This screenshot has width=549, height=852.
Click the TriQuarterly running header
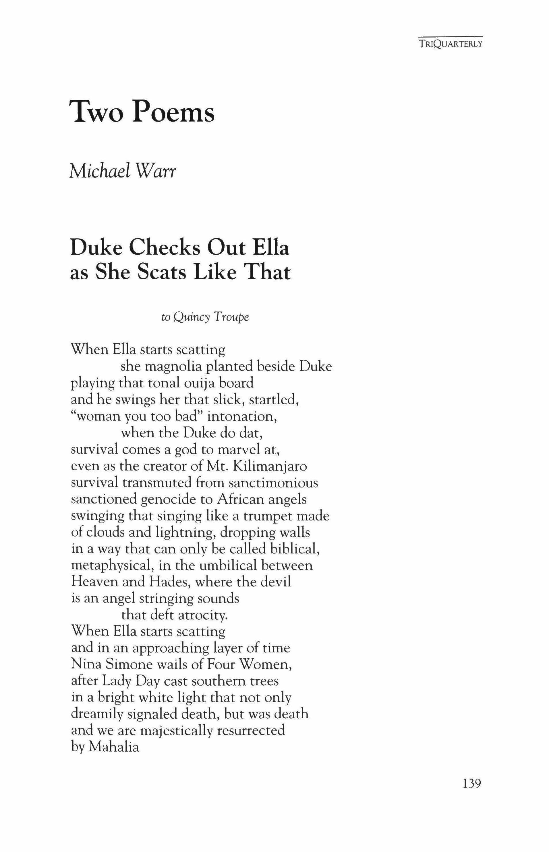pos(451,44)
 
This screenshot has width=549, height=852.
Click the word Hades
pos(169,582)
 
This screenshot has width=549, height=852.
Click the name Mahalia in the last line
pos(114,747)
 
